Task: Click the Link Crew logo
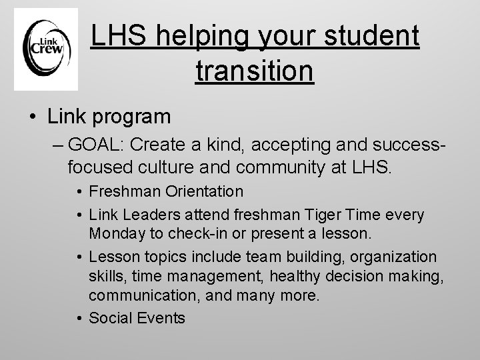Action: coord(46,49)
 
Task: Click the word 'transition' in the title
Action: coord(255,70)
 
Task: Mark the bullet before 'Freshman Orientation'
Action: coord(79,193)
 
